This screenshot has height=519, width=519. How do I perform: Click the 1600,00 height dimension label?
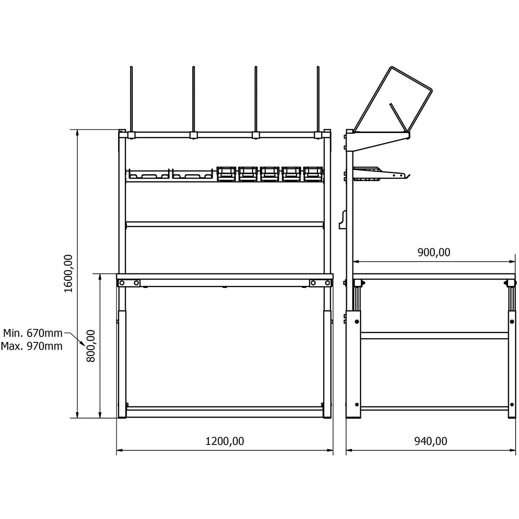pos(68,274)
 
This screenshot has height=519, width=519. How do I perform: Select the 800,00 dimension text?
pos(91,346)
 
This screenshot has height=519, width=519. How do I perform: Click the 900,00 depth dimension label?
pos(434,252)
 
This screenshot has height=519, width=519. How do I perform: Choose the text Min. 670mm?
pos(33,334)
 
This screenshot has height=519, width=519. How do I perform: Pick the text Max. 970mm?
pos(32,346)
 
